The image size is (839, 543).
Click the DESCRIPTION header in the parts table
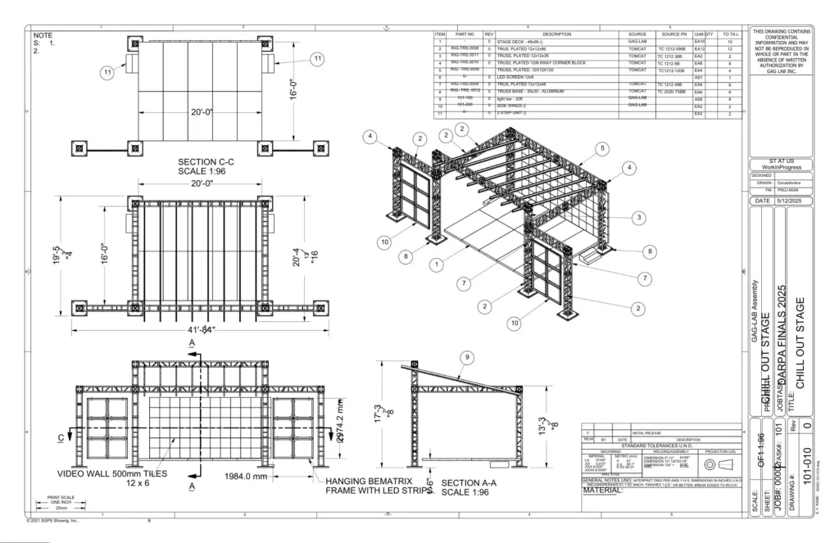[557, 34]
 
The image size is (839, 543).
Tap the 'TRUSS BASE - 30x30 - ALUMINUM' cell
[533, 91]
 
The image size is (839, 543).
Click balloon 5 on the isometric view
[602, 148]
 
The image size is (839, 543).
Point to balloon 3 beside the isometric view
[637, 217]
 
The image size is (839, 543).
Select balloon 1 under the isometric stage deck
[438, 265]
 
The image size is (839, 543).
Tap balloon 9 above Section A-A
[466, 356]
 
